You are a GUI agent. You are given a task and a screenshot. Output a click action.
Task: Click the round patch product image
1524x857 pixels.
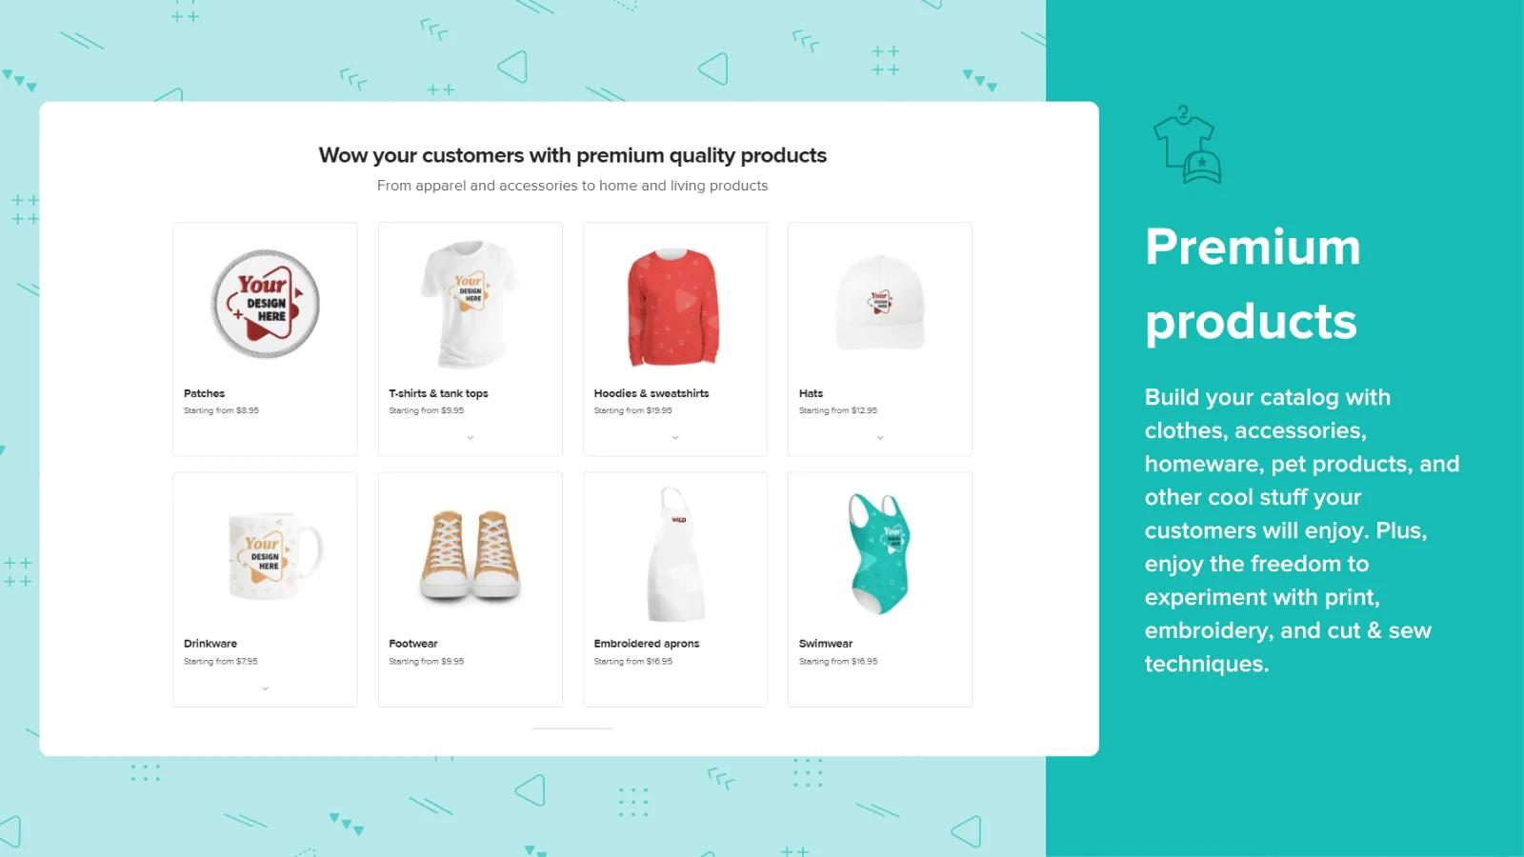[x=265, y=304]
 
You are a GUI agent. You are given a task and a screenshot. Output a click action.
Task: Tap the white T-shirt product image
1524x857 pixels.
[x=469, y=304]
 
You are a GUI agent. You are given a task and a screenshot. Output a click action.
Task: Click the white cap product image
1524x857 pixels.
[x=880, y=303]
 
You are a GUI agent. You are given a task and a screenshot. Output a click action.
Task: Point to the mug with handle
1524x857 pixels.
[x=274, y=556]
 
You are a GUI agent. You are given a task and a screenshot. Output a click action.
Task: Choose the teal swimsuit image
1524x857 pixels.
[x=879, y=553]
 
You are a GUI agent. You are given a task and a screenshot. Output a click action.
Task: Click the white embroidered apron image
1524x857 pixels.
[x=673, y=553]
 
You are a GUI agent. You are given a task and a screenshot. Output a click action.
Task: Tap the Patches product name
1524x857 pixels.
[x=204, y=393]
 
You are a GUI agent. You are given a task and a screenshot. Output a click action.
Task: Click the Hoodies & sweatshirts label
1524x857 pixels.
[x=652, y=393]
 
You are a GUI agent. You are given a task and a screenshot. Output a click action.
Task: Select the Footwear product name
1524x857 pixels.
[x=413, y=644]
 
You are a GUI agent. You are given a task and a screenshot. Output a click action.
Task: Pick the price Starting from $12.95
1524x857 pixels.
[x=838, y=410]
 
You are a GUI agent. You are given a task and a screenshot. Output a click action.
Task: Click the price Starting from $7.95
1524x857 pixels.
[x=220, y=661]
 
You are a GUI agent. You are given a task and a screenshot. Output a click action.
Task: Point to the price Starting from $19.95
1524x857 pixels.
[x=632, y=410]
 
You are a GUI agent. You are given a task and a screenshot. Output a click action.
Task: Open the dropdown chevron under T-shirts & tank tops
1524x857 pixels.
[x=471, y=437]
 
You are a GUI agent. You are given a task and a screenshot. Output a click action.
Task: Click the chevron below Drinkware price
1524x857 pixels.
[x=266, y=688]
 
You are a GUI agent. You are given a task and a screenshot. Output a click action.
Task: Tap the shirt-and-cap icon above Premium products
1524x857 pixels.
[x=1187, y=144]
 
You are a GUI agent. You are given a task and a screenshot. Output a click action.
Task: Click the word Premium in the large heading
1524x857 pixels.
[x=1253, y=247]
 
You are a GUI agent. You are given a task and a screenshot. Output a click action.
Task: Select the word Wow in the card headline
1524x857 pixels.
[x=343, y=155]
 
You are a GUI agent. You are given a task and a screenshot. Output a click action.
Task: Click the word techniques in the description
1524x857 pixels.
[x=1207, y=664]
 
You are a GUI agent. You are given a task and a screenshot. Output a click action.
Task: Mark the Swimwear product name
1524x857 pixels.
[x=825, y=644]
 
